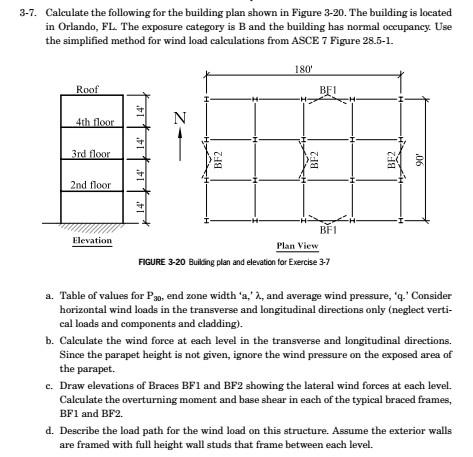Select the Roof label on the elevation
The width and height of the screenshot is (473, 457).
(x=87, y=90)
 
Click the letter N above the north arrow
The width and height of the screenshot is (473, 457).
(x=180, y=120)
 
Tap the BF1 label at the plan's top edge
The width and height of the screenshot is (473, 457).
(x=326, y=90)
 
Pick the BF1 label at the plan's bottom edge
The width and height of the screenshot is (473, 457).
(x=326, y=229)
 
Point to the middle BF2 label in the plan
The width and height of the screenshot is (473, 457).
(x=314, y=160)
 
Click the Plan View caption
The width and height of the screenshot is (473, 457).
(x=297, y=246)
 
